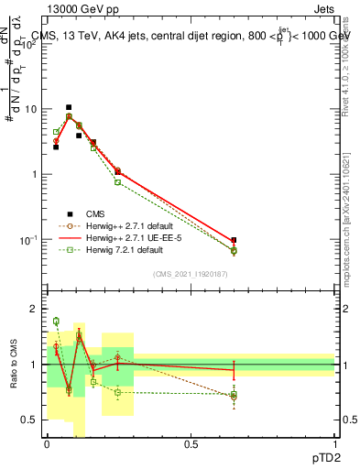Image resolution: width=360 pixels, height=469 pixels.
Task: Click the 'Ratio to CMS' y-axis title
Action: point(14,364)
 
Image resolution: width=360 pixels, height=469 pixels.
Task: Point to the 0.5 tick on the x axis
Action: point(191,443)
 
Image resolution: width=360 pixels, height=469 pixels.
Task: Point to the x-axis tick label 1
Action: point(334,443)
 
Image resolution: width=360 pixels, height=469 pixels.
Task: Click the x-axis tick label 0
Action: point(48,443)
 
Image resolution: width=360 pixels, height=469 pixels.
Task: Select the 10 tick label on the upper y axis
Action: point(30,110)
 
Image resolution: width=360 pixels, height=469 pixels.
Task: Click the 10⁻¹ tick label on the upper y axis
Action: point(29,240)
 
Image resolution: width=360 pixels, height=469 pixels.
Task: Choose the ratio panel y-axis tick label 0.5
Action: point(32,420)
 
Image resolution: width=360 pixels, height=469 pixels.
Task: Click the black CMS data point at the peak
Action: point(69,107)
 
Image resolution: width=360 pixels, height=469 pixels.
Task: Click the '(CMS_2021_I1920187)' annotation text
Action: point(191,274)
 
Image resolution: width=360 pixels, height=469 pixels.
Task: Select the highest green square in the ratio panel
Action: point(56,321)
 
